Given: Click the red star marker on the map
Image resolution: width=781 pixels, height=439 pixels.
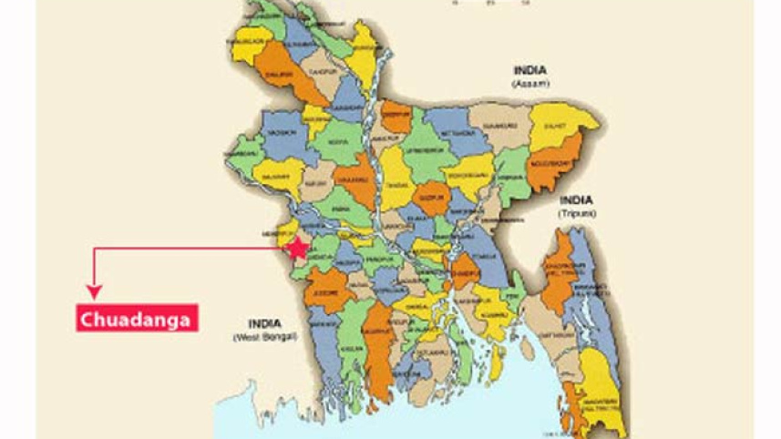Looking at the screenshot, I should [x=297, y=248].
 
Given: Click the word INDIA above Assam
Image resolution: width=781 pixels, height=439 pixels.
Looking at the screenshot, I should [x=530, y=70].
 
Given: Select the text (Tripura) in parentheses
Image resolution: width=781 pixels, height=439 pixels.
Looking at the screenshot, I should [x=577, y=212].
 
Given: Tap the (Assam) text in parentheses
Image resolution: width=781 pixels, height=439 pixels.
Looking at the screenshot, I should [x=530, y=83].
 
